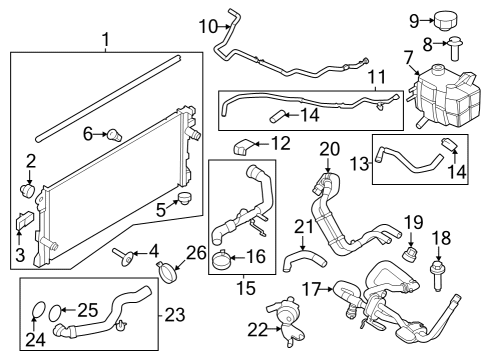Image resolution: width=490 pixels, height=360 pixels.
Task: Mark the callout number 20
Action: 330,149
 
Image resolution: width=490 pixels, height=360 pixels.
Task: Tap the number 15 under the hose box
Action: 238,290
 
